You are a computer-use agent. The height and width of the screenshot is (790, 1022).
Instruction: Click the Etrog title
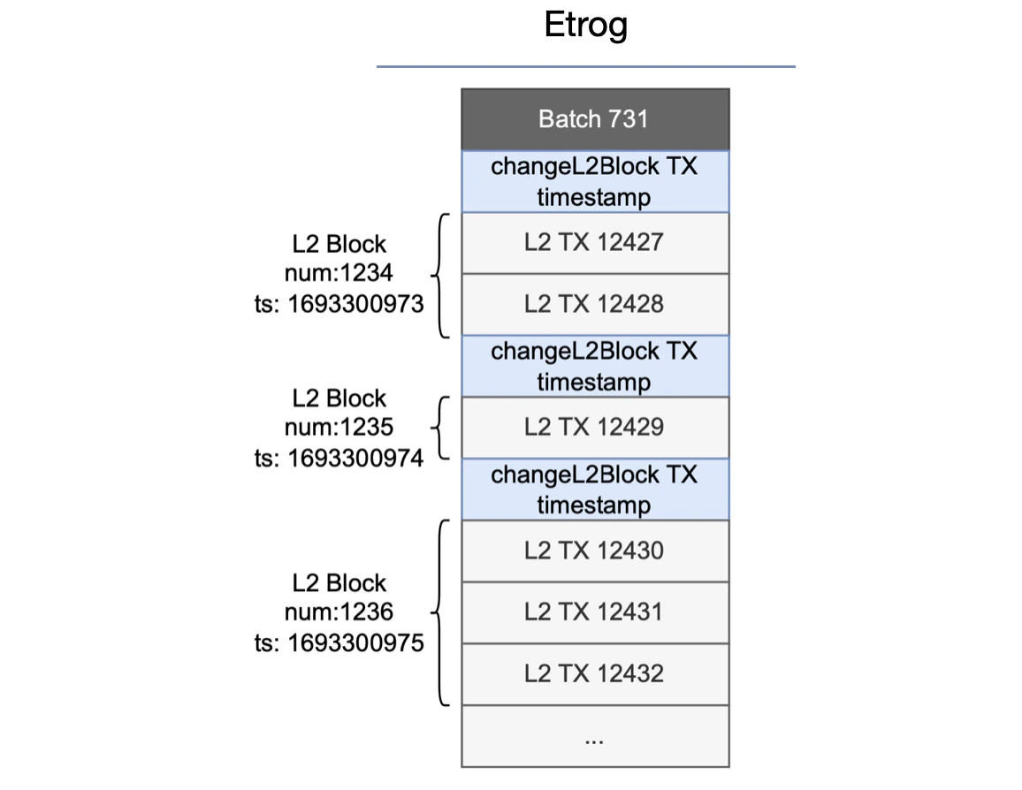(585, 26)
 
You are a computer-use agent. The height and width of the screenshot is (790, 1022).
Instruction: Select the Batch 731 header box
(594, 119)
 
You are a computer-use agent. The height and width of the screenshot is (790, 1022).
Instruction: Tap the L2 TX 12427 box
(594, 242)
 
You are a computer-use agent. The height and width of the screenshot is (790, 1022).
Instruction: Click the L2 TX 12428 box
(594, 304)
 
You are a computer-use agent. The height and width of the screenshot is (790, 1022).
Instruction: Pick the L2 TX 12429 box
(594, 428)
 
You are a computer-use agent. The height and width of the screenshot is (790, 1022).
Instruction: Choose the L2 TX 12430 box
(594, 551)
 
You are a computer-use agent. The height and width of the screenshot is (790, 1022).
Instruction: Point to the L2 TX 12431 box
(594, 611)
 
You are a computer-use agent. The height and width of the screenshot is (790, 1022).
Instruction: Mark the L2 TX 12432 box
(594, 673)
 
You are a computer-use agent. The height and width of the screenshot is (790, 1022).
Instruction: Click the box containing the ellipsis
(594, 736)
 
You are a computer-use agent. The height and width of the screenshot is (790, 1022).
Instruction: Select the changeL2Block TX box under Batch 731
(594, 181)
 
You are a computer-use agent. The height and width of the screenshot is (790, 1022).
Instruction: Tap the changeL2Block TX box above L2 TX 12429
(594, 366)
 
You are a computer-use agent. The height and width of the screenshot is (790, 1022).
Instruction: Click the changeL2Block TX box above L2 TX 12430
(594, 489)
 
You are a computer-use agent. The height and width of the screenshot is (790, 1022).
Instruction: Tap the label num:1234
(339, 274)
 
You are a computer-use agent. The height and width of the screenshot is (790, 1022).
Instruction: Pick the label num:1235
(339, 428)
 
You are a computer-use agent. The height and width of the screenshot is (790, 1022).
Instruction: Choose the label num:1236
(339, 611)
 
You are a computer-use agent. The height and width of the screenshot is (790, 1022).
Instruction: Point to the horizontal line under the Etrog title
(585, 66)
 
